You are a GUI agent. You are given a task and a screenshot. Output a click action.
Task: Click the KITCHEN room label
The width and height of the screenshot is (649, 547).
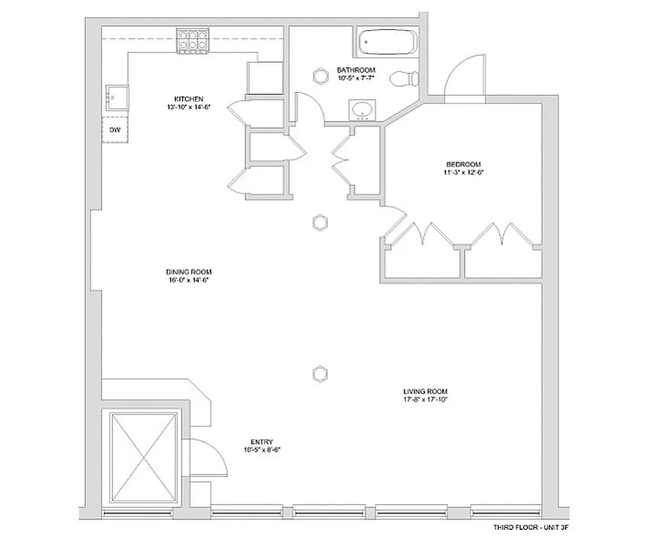point(189,98)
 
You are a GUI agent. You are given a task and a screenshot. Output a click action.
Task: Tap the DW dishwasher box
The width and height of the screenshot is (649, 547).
point(115,129)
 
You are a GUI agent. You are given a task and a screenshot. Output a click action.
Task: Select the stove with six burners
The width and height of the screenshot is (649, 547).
point(192,40)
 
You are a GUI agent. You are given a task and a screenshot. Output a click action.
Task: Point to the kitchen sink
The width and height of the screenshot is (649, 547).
point(117,98)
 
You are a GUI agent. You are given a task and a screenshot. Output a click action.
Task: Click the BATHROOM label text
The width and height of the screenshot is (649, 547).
point(356,70)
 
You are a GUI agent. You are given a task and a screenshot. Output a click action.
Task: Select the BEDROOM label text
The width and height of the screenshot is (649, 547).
point(464,164)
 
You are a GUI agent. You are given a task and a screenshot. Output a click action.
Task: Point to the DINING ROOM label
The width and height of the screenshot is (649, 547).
point(187,271)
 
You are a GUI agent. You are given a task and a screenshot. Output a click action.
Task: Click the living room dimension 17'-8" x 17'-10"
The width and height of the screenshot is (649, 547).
point(425,399)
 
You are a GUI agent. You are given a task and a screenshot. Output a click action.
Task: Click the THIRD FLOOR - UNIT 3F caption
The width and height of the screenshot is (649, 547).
point(531,528)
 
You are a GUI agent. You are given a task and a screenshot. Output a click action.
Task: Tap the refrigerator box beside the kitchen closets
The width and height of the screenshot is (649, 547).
point(265,77)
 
